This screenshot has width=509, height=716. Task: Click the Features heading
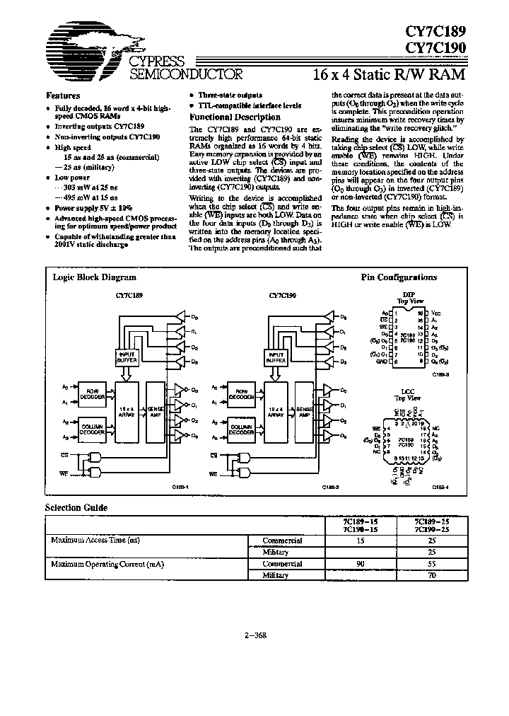click(x=63, y=96)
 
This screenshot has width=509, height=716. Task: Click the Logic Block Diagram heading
click(x=95, y=277)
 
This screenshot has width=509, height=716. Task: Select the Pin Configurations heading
click(x=399, y=277)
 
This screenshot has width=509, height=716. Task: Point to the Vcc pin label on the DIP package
click(x=436, y=313)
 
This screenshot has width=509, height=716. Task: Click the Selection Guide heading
click(x=77, y=507)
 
